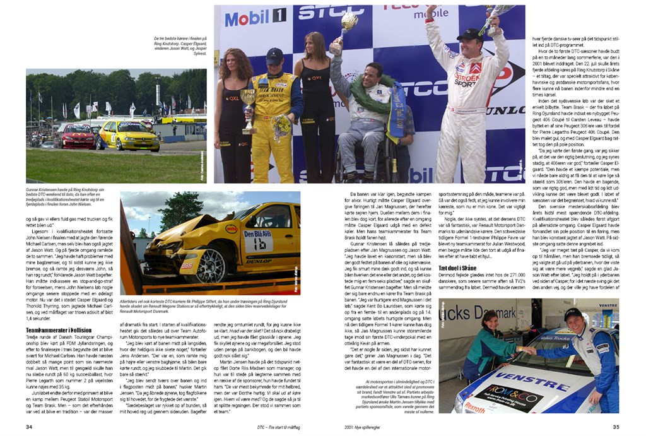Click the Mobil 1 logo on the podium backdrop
255,18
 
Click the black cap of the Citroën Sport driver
470,35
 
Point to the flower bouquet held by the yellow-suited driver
280,126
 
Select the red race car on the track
78,136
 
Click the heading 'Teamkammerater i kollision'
59,330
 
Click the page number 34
29,427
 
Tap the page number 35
616,427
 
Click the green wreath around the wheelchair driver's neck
372,95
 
